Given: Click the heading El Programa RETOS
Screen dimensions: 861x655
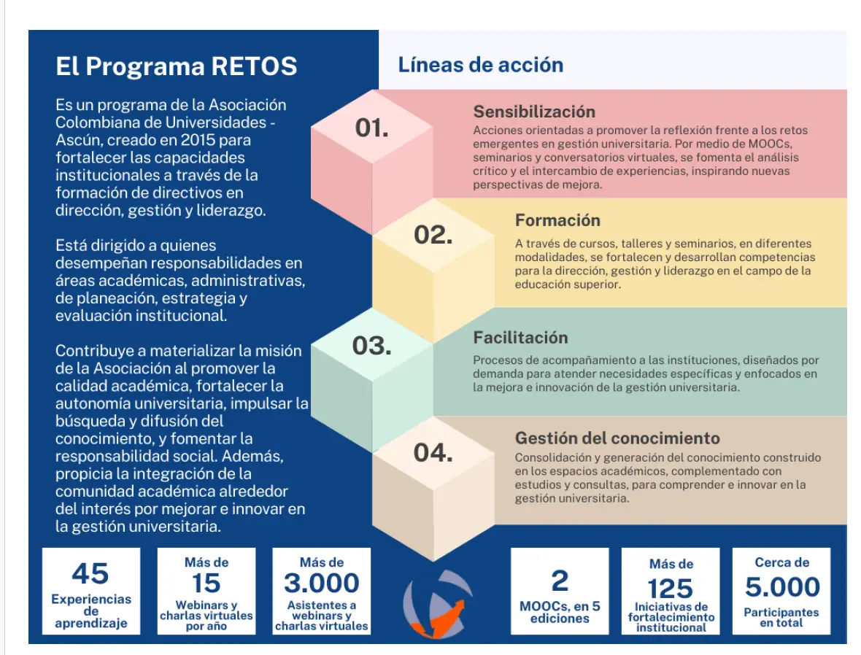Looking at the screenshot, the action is click(177, 66).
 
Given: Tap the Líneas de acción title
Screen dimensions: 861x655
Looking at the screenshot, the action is click(480, 65).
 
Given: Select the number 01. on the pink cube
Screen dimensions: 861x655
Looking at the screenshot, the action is click(371, 128).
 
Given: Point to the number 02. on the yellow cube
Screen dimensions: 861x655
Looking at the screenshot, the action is click(433, 235).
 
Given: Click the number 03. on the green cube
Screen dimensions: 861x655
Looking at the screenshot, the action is click(371, 346).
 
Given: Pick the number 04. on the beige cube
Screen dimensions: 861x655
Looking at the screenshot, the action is click(433, 453).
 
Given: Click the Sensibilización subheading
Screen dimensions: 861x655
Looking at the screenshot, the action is click(534, 112).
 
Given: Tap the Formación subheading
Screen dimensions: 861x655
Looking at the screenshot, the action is click(557, 220).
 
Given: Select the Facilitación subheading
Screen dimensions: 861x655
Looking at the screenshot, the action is click(520, 337).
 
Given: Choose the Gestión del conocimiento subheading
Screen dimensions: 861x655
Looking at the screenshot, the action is click(617, 438).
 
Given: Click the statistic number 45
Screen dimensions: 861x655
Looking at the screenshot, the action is click(90, 574).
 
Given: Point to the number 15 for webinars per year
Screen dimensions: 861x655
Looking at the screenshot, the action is click(206, 583).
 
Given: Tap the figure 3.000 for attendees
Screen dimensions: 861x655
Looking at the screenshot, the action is click(321, 583).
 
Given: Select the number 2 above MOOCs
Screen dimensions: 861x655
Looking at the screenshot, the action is click(560, 581).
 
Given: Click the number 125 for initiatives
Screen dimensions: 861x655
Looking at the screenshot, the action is click(671, 589).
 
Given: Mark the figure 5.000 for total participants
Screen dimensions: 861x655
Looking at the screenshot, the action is click(782, 587).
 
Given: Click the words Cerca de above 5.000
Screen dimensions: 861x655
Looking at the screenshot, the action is click(782, 562).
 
